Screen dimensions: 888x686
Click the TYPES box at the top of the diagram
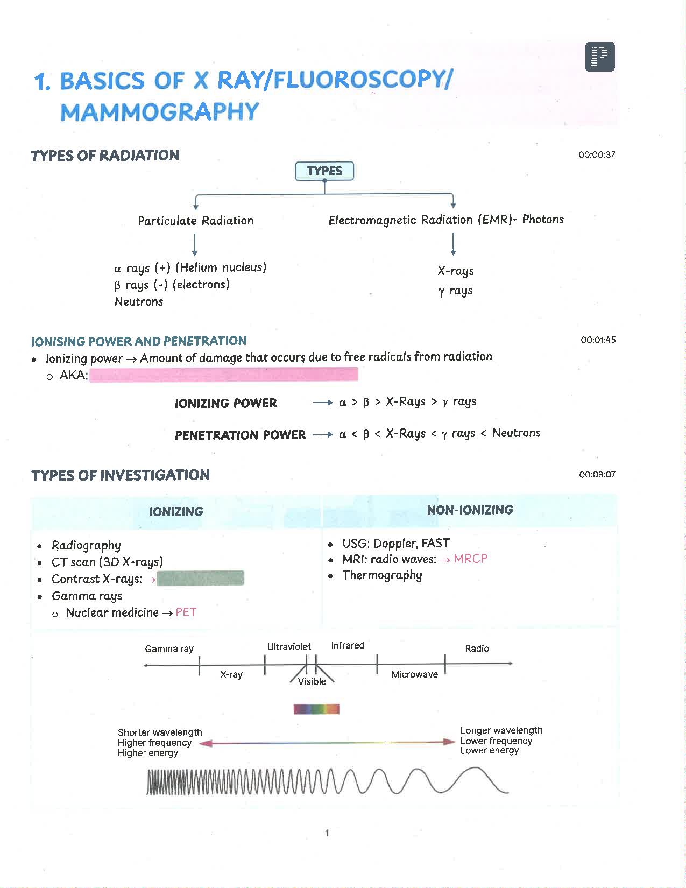324,171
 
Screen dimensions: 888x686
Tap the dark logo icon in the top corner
600,57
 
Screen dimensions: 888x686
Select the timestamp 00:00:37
597,155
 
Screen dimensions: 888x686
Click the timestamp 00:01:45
598,340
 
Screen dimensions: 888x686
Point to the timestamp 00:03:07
597,475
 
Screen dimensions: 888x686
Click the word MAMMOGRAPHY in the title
160,112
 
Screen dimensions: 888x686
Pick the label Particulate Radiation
195,221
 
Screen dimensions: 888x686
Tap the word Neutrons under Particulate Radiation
139,302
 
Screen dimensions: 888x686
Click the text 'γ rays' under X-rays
455,291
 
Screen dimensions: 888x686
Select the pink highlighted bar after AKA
223,375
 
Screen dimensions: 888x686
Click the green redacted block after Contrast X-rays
200,579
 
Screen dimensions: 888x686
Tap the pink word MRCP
470,559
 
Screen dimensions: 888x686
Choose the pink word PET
186,612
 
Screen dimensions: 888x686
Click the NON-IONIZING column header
470,510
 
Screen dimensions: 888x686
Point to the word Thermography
382,575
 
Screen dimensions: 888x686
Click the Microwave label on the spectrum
414,674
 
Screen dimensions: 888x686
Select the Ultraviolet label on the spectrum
289,647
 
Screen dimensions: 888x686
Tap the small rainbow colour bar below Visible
316,709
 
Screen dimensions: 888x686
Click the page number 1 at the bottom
327,833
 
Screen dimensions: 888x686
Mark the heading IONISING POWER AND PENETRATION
139,341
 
